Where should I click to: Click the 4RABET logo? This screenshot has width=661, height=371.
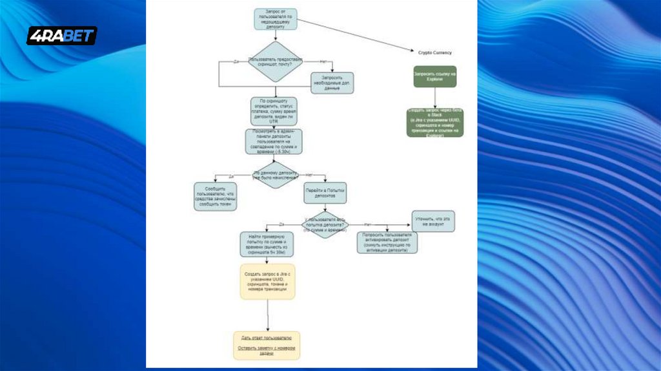pos(62,36)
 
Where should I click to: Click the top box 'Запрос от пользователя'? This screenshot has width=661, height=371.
pos(276,19)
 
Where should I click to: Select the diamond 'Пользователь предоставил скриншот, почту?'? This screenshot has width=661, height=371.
pos(276,61)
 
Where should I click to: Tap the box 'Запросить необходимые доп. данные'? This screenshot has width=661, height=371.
pos(332,83)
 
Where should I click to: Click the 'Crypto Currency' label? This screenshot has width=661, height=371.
pos(434,52)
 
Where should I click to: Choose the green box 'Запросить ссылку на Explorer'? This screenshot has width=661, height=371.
pos(434,77)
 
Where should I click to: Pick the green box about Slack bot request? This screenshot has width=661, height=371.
pos(434,122)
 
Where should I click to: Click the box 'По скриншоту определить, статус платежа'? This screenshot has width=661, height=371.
pos(274,111)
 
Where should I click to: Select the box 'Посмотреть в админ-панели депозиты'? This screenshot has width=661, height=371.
pos(274,142)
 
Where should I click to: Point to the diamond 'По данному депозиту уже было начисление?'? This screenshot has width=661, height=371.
pos(276,176)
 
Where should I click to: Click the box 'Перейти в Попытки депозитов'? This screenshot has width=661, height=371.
pos(325,192)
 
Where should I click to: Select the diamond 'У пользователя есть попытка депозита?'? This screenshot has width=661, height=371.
pos(326,225)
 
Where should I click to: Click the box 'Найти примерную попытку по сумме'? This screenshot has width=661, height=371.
pos(267,245)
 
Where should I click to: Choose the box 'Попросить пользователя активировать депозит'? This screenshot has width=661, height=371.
pos(387,242)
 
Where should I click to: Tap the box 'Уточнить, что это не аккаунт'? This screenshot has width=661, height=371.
pos(433,220)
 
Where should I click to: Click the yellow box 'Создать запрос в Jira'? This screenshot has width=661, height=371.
pos(267,281)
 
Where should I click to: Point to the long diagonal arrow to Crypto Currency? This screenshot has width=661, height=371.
pos(355,35)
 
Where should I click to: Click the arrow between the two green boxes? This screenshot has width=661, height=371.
pos(434,98)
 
